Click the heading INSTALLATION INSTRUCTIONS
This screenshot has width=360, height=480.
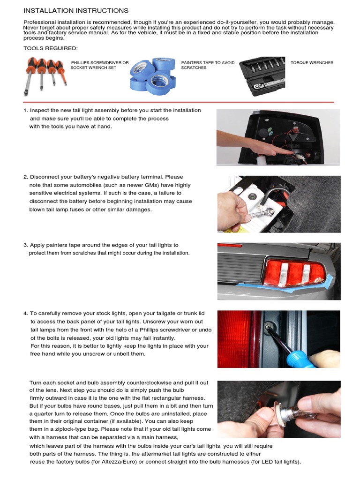[76, 11]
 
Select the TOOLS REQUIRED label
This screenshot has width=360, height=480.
[51, 48]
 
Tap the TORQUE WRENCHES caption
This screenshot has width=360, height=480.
[311, 63]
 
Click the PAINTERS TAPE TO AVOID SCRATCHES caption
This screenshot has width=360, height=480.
[207, 65]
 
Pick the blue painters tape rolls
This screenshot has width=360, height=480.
[153, 76]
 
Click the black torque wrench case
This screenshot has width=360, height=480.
[262, 76]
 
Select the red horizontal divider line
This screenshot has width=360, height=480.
[179, 102]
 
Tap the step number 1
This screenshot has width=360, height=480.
[26, 111]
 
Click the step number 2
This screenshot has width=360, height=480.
[26, 177]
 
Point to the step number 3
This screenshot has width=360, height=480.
[26, 245]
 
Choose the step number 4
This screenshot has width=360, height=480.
[26, 314]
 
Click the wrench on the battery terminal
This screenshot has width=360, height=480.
[261, 213]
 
